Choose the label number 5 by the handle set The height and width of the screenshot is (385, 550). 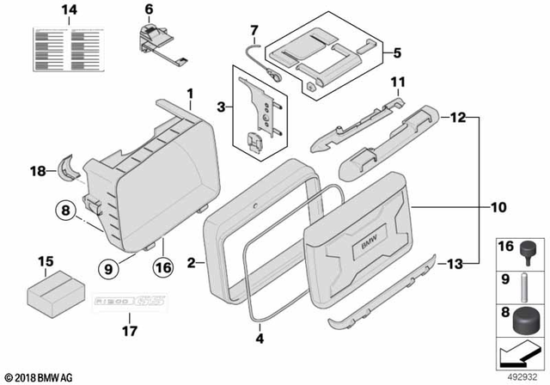[397, 52]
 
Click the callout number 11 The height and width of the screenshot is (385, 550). [397, 82]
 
